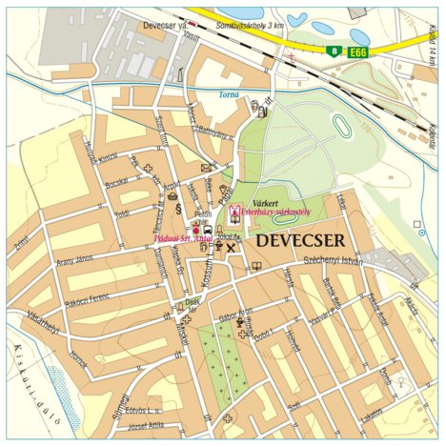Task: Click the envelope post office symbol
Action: (206, 169)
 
